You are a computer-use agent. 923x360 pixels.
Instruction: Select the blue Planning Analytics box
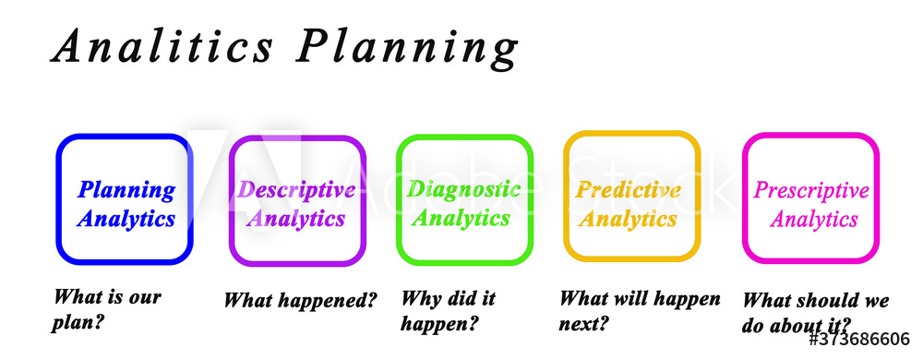pyautogui.click(x=124, y=198)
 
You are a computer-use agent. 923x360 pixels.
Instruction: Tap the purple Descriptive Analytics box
pyautogui.click(x=296, y=199)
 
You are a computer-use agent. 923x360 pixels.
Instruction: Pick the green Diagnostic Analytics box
pyautogui.click(x=464, y=198)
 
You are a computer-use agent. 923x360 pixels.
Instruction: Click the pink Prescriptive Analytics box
pyautogui.click(x=810, y=198)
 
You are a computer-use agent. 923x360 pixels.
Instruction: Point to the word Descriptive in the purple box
pyautogui.click(x=296, y=189)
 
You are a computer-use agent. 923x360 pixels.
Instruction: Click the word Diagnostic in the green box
pyautogui.click(x=464, y=189)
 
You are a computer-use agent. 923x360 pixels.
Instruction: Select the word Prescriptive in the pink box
pyautogui.click(x=811, y=191)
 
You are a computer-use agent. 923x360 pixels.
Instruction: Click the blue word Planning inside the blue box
pyautogui.click(x=126, y=190)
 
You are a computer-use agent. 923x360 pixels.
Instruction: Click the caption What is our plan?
pyautogui.click(x=107, y=309)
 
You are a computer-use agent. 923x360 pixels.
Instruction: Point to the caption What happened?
pyautogui.click(x=301, y=300)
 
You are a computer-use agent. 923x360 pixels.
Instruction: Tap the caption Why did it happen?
pyautogui.click(x=449, y=310)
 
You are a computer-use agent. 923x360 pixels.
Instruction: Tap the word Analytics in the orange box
pyautogui.click(x=628, y=219)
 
